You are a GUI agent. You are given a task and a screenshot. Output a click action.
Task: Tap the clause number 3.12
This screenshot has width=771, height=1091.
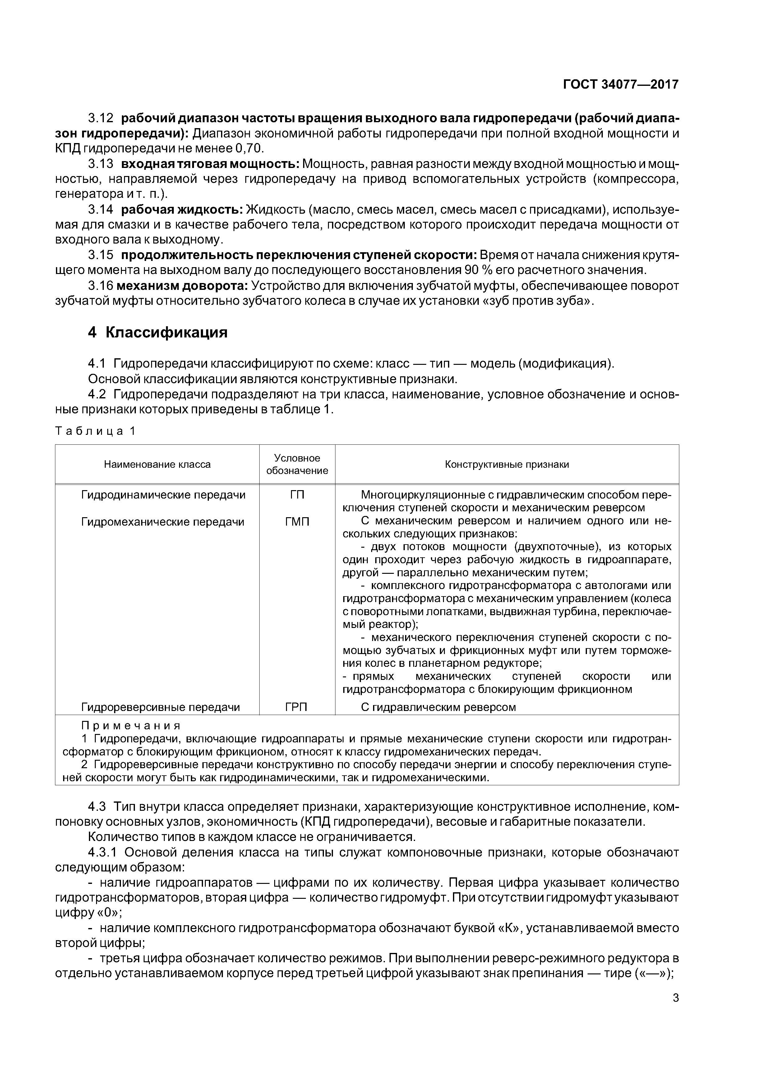[x=101, y=118]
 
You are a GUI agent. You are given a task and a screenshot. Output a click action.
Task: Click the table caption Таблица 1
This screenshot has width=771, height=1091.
[x=95, y=431]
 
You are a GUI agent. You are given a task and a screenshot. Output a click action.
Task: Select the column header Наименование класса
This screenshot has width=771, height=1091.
[x=157, y=464]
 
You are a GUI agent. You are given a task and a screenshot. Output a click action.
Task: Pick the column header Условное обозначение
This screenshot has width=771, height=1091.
[x=297, y=464]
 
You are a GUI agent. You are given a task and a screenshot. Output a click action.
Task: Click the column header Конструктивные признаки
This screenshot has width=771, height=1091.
[x=507, y=464]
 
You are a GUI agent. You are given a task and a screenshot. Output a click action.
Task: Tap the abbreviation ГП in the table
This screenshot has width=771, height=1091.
[x=297, y=495]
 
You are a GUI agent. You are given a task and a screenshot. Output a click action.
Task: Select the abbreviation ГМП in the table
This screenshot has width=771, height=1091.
[x=297, y=522]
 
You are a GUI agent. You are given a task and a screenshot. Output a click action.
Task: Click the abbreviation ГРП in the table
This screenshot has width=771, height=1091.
[x=296, y=707]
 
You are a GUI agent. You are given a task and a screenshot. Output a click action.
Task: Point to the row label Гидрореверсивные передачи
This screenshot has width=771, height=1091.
[x=160, y=707]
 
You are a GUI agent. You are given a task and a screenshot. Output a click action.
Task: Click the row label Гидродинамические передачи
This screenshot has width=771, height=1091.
[x=164, y=495]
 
